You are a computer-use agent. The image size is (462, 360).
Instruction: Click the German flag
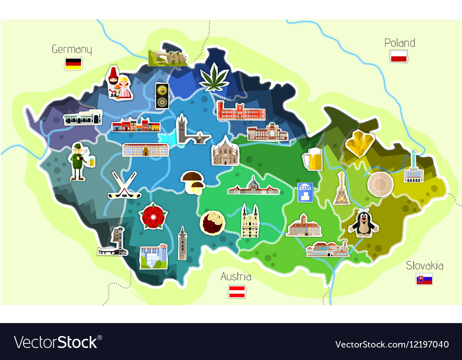(73, 64)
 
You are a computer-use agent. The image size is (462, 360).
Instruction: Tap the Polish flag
(398, 56)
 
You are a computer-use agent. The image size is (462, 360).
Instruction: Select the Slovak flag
(424, 279)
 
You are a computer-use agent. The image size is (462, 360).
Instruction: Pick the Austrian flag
(236, 291)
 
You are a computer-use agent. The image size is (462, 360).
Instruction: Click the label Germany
(72, 49)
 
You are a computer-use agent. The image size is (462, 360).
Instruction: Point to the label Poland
(400, 43)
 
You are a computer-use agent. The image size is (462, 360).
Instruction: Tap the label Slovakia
(425, 265)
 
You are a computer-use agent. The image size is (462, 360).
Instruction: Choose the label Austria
(236, 276)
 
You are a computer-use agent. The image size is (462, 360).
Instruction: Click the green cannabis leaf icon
(214, 77)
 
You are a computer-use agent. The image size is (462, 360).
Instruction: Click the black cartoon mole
(363, 222)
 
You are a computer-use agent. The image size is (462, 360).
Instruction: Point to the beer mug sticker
(312, 159)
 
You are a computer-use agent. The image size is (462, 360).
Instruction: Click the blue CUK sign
(305, 192)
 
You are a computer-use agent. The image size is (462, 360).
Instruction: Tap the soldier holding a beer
(79, 162)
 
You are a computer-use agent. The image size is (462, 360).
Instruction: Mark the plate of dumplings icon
(212, 222)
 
